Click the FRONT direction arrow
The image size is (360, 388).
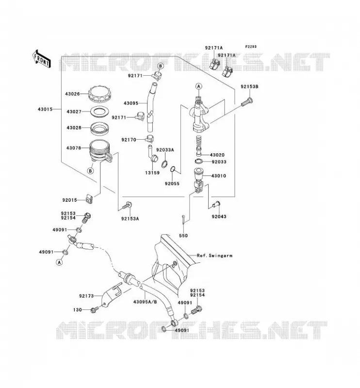point(42,59)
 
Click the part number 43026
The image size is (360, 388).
point(72,94)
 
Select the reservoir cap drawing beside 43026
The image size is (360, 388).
point(99,94)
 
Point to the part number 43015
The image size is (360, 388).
point(45,109)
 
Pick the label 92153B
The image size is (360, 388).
point(249,87)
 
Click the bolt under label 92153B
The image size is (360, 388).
point(247,102)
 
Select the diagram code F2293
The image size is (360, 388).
point(251,47)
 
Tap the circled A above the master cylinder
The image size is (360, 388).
point(198,86)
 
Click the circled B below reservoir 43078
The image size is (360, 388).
point(91,171)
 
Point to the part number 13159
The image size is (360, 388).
point(152,173)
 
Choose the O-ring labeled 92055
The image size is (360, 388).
point(173,169)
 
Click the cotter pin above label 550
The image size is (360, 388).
point(183,220)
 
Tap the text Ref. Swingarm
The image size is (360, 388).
point(214,256)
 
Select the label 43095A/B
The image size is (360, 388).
point(145,302)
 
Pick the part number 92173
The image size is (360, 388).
point(86,296)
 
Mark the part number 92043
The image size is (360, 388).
point(219,216)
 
